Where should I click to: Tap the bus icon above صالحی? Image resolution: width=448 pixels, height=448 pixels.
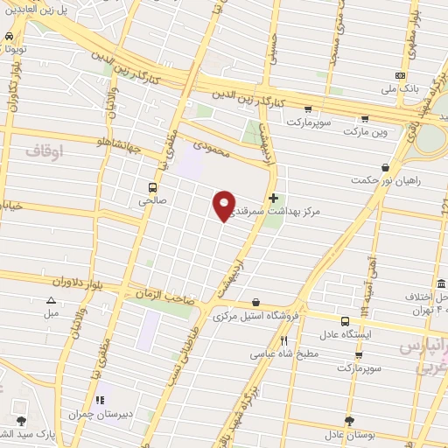coord(154,187)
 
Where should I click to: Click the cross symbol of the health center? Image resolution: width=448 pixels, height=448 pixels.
coord(275,199)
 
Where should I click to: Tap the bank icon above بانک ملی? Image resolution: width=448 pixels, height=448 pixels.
coord(401,75)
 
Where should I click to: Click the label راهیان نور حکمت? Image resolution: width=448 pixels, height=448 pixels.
coord(382,180)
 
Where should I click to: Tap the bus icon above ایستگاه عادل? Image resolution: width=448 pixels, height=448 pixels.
coord(345,321)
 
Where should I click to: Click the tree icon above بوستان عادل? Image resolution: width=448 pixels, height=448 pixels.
coord(349,421)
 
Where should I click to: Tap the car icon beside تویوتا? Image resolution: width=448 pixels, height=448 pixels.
coord(9,38)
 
